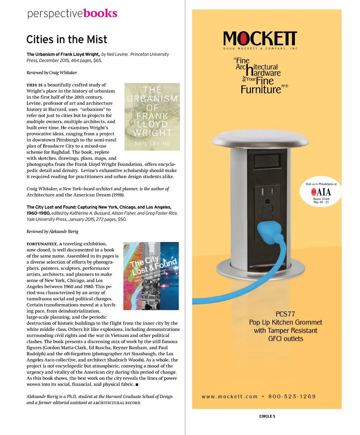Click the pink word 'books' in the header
click(x=100, y=13)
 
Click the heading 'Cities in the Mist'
click(x=67, y=39)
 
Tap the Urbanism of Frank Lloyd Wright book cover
click(x=152, y=117)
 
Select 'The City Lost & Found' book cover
click(x=151, y=276)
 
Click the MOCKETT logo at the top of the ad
click(x=260, y=39)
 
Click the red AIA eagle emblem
click(x=314, y=192)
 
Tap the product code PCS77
click(x=285, y=314)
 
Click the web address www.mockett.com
click(x=230, y=396)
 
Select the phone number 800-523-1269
click(x=292, y=396)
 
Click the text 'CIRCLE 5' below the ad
click(x=267, y=416)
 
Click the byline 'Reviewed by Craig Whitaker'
click(x=52, y=73)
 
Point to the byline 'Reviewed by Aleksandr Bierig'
click(x=52, y=232)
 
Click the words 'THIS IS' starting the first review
click(x=34, y=85)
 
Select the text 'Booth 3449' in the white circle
click(x=321, y=199)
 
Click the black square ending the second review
click(x=137, y=384)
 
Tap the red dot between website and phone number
click(x=263, y=396)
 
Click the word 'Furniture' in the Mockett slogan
click(x=261, y=90)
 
